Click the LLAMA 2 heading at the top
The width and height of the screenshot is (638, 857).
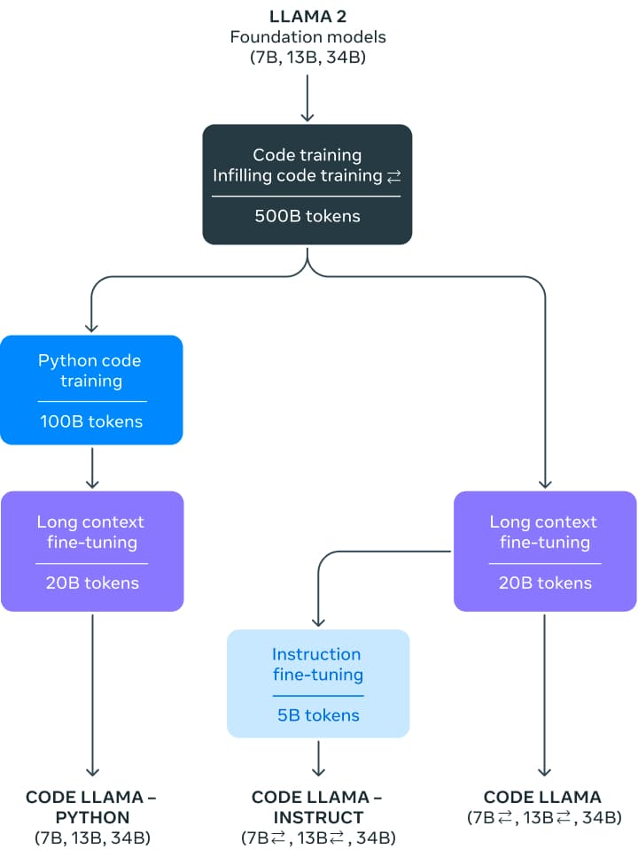[x=307, y=16]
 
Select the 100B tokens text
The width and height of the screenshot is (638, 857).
[x=91, y=421]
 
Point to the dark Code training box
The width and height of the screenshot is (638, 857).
[x=307, y=184]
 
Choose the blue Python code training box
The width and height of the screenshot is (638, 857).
[x=91, y=390]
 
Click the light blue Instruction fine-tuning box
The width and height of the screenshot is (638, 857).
[x=318, y=683]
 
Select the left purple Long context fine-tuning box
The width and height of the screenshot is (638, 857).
[x=92, y=551]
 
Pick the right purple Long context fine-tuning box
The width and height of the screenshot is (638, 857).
[x=544, y=551]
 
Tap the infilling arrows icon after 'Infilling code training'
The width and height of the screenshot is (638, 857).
[x=394, y=177]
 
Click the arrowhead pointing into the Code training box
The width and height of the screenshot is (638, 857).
[x=307, y=116]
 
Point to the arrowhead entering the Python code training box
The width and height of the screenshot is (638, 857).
[x=91, y=326]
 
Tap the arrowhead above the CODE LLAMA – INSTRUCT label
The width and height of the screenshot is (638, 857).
[x=318, y=770]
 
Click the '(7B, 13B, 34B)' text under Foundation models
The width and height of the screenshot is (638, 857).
[x=307, y=58]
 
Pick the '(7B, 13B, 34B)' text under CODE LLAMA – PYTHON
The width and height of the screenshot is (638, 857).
[x=91, y=838]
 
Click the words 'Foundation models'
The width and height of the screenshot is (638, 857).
[x=307, y=37]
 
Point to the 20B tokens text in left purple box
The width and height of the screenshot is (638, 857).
[x=92, y=583]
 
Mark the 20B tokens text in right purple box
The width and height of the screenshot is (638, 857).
[x=544, y=583]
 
